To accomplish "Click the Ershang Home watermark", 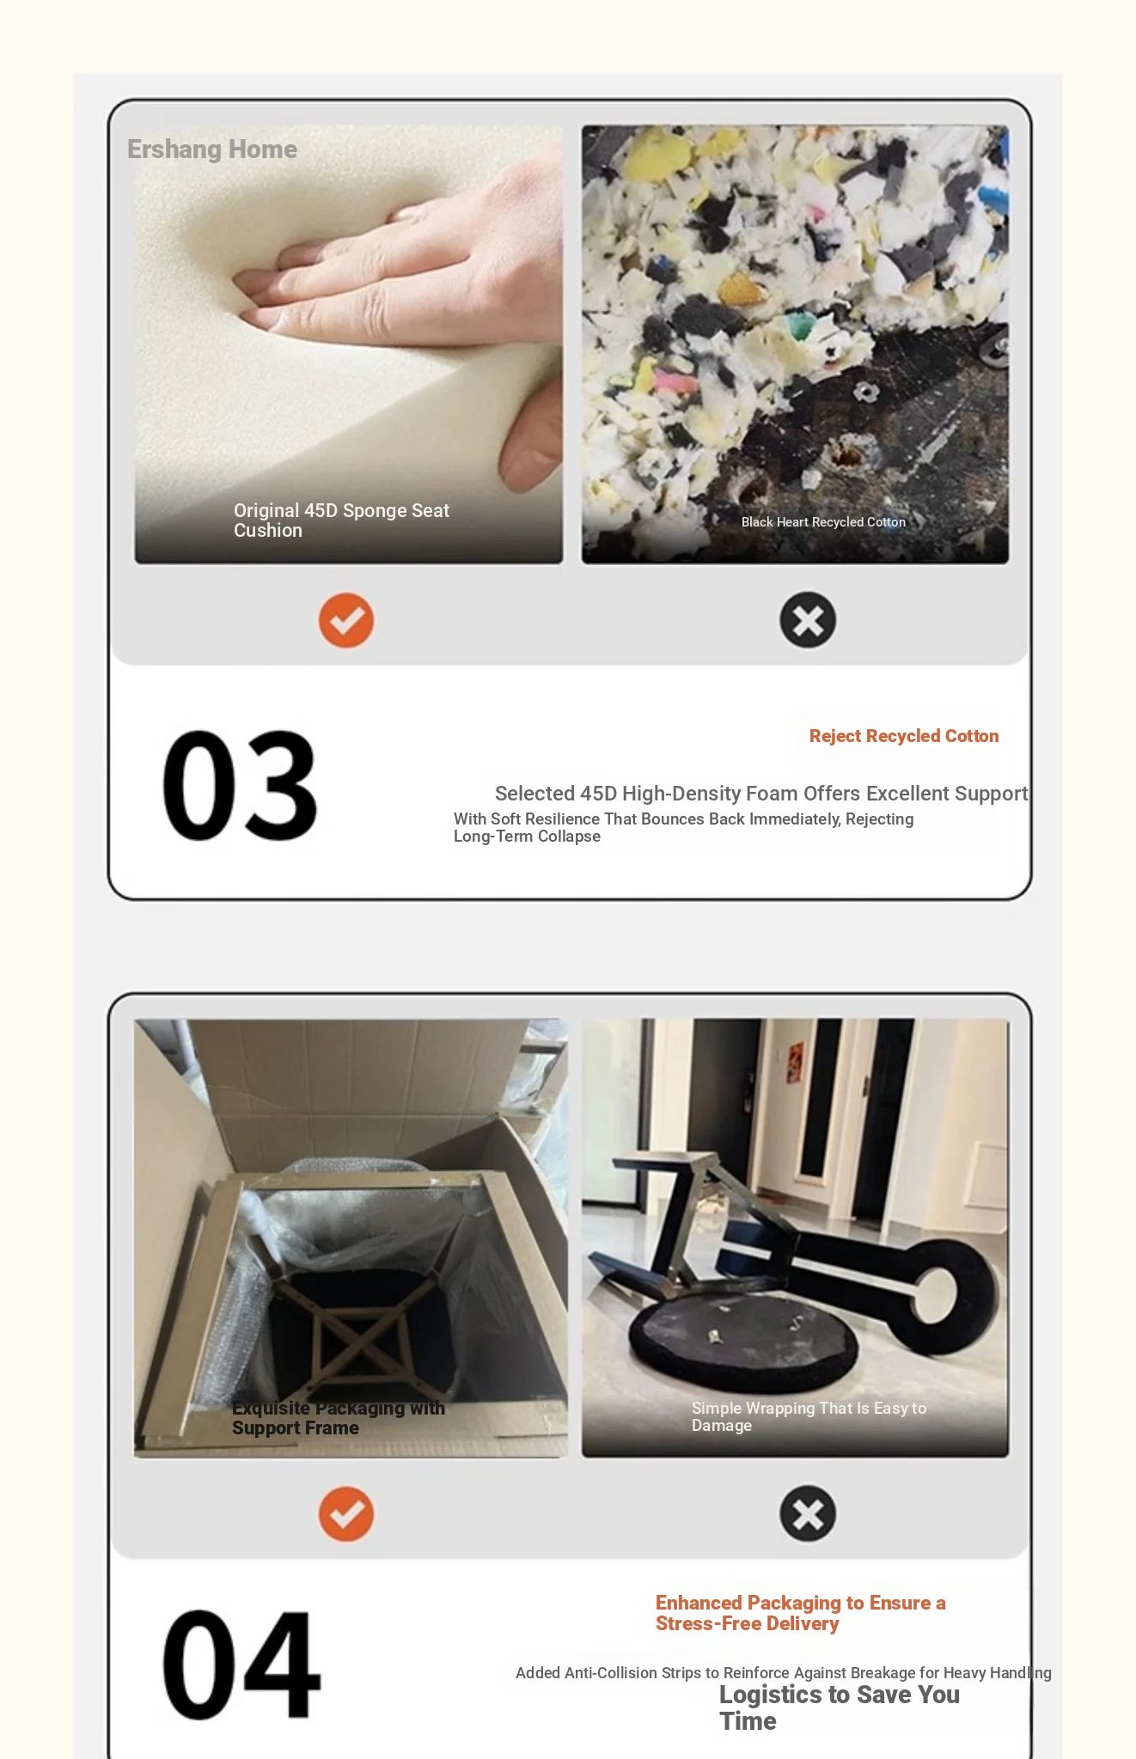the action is (x=212, y=149).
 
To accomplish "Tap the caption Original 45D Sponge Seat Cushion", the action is (x=341, y=520).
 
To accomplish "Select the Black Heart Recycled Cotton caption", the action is (x=823, y=522).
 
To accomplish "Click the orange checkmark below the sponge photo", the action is (x=346, y=620).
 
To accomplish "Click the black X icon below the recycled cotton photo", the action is (x=808, y=620).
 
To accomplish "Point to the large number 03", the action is (x=240, y=785).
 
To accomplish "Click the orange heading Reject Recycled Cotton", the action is (x=904, y=736).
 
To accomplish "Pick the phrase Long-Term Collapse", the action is (x=527, y=837).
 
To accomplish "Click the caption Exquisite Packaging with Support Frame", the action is (x=339, y=1418).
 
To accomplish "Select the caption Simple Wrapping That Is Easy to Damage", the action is (x=809, y=1417).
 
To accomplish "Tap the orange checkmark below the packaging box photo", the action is (x=346, y=1514).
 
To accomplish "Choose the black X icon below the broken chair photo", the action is (x=808, y=1514).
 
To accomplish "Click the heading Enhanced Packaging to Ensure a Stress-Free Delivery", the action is (x=800, y=1613).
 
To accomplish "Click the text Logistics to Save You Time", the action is (x=839, y=1707).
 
